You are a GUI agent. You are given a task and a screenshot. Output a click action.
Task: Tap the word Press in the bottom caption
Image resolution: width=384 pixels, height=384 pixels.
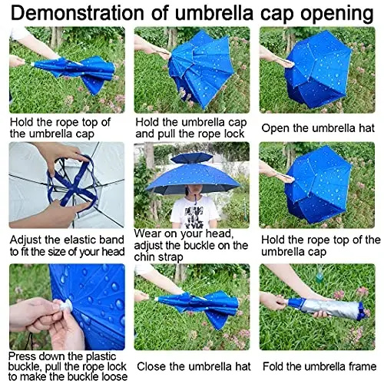tap(24, 356)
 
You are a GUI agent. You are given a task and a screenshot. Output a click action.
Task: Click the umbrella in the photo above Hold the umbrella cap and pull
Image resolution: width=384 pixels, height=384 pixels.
tap(196, 69)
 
